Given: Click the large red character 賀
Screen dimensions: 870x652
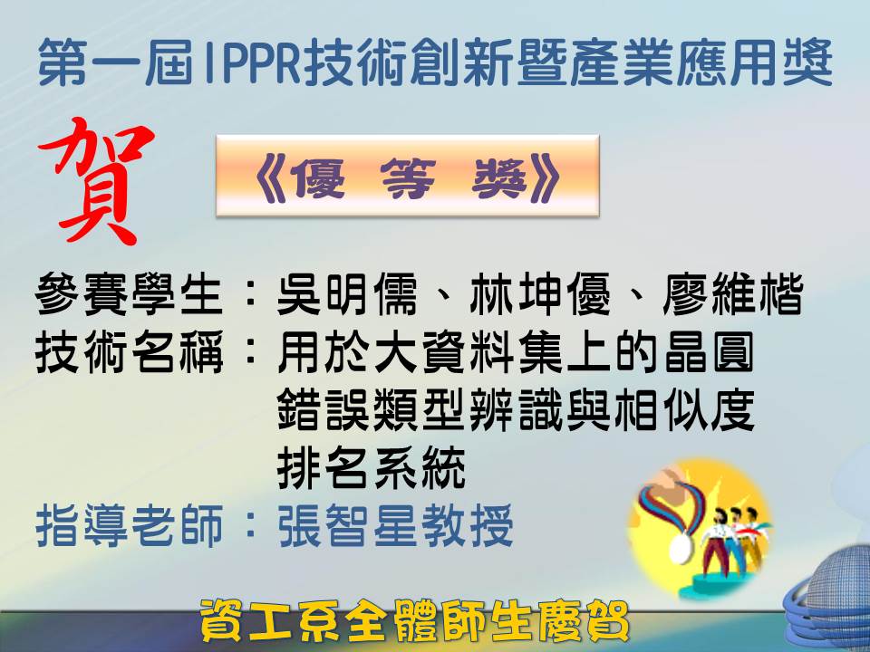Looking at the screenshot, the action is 95,181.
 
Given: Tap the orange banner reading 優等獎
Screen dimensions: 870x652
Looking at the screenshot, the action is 407,175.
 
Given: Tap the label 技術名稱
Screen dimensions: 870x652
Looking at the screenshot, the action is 129,352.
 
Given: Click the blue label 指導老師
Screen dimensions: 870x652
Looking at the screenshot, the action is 129,525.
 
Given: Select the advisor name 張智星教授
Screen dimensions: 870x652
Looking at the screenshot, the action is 395,525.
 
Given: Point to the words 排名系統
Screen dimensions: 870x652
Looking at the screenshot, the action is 371,467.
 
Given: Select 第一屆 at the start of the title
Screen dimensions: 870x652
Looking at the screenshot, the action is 115,62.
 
